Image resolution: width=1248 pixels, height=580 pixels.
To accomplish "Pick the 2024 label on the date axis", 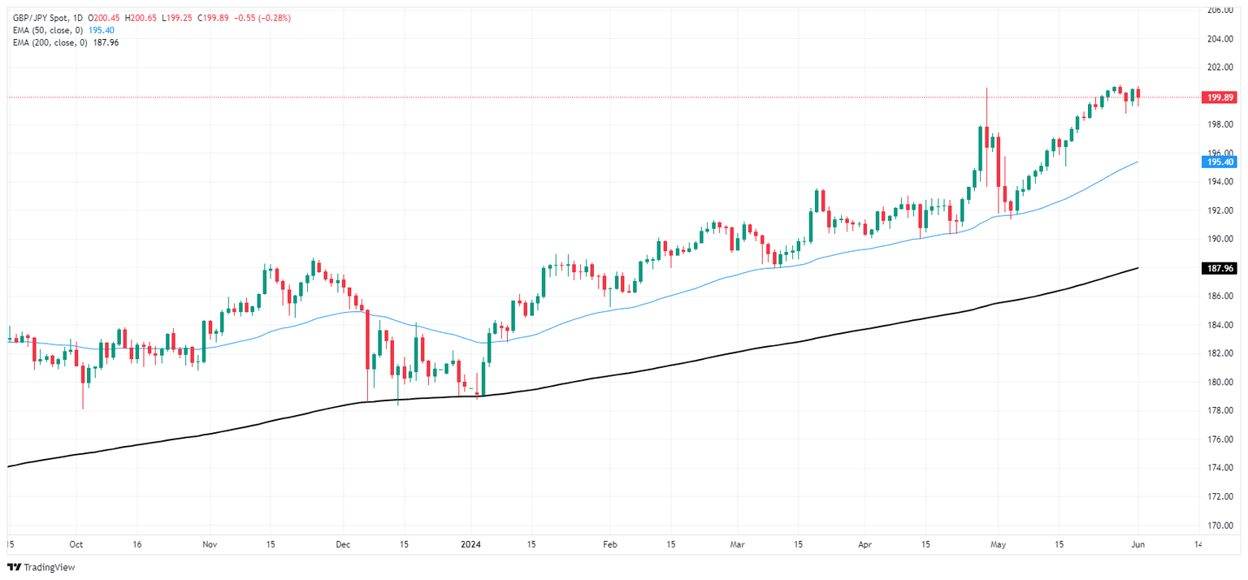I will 471,544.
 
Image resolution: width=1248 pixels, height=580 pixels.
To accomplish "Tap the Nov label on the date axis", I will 209,544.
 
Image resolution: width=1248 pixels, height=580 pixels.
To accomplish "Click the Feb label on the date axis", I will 609,544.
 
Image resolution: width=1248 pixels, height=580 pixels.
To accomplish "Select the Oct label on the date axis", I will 76,544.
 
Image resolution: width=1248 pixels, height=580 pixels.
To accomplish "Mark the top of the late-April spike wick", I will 986,88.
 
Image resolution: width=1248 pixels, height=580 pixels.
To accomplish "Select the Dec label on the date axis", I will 342,544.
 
